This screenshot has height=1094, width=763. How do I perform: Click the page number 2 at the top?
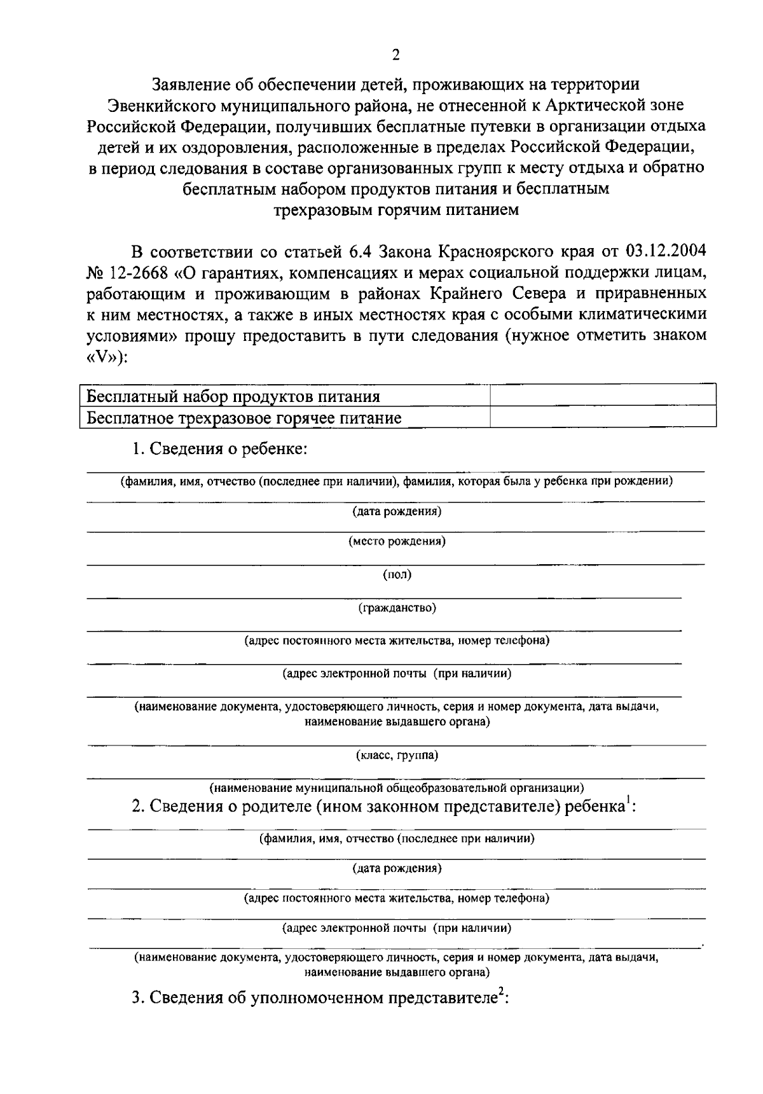[395, 55]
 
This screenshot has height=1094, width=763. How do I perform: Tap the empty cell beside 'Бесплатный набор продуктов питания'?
[603, 396]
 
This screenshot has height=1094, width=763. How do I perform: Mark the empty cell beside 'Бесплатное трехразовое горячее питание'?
[603, 417]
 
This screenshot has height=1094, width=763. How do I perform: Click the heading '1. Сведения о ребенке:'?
[219, 448]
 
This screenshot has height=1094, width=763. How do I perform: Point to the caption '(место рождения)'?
[397, 542]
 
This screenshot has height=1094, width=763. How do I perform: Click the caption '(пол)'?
[397, 575]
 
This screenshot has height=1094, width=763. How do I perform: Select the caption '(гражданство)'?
[397, 608]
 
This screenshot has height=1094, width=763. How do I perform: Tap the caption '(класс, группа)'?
[397, 756]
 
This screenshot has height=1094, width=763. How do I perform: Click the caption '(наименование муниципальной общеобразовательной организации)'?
[397, 789]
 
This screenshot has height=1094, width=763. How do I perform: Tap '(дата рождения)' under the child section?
[397, 511]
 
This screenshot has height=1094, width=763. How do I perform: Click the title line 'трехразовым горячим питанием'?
[395, 210]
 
